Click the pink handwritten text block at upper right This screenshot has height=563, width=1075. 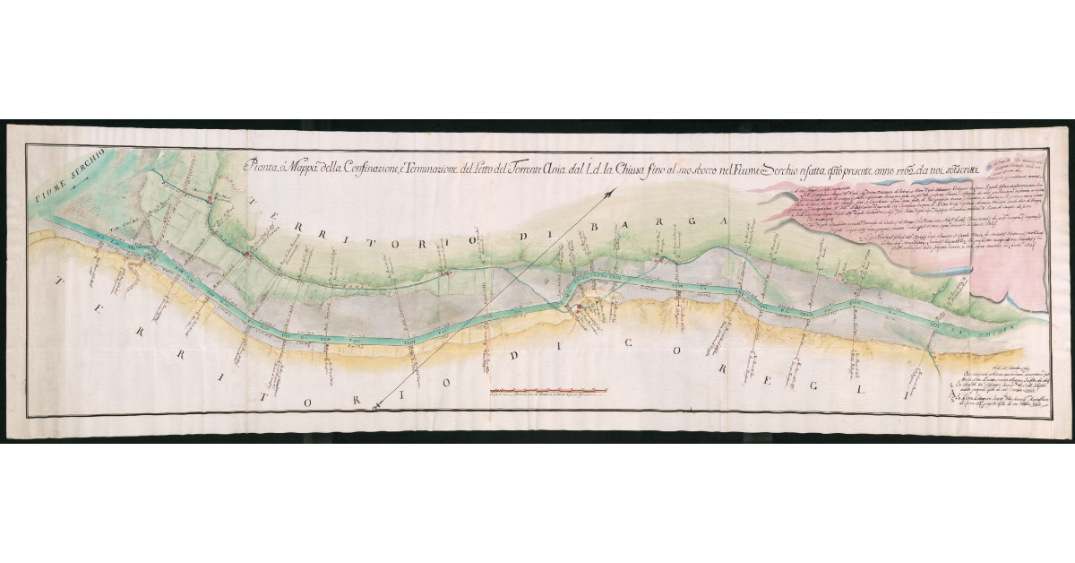click(905, 224)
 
